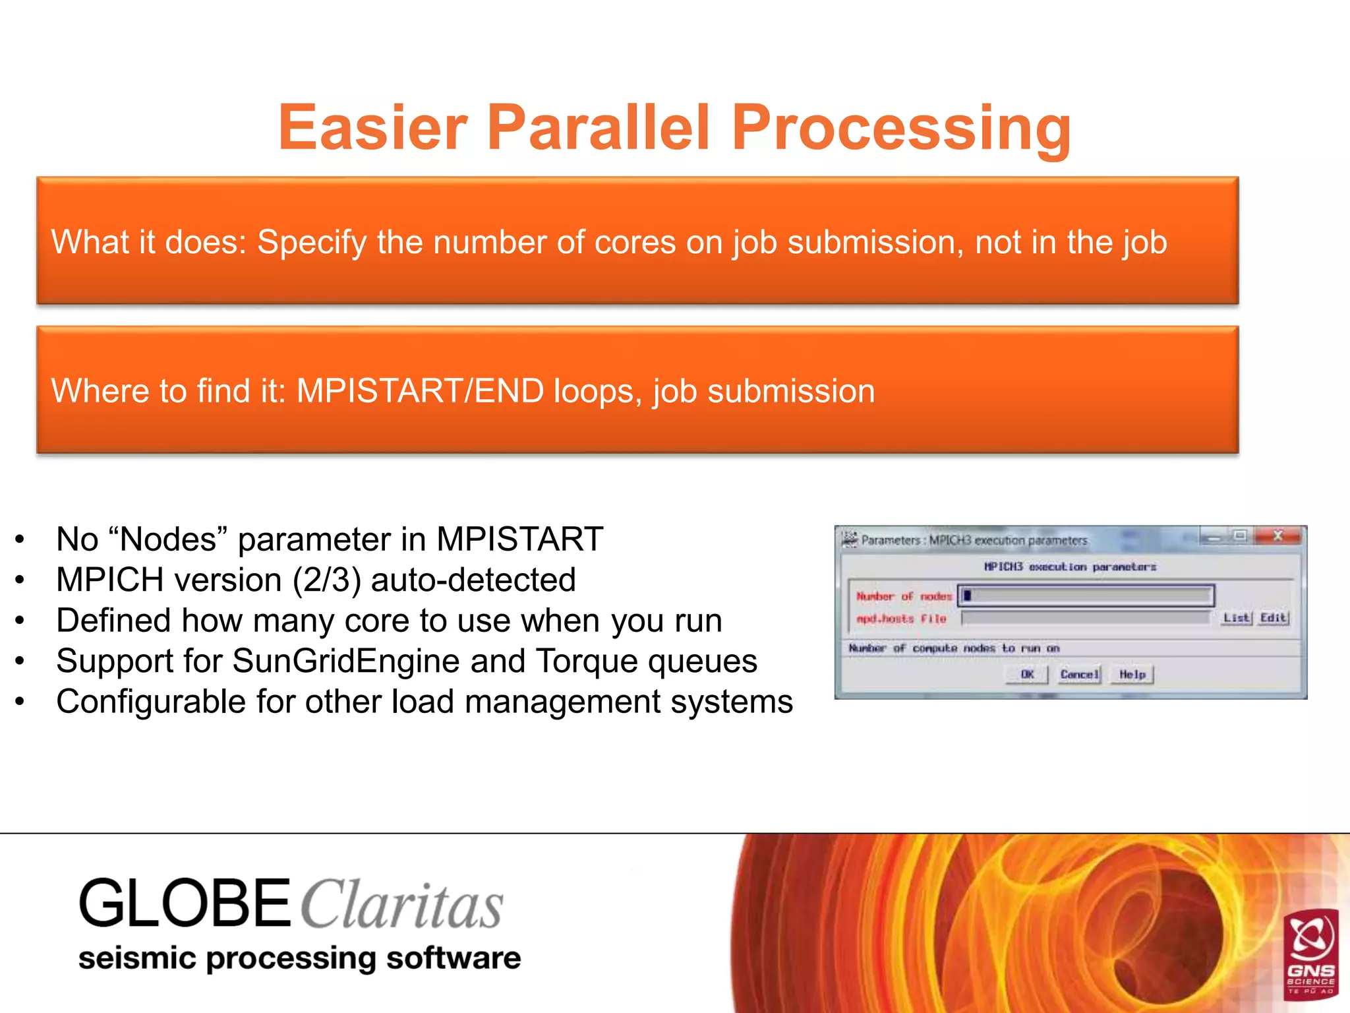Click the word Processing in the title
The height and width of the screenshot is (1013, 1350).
901,128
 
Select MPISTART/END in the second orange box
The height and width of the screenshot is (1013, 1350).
420,391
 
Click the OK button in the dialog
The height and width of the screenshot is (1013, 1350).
1027,674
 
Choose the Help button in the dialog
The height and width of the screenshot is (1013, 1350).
1132,674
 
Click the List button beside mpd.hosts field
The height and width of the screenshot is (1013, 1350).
1236,618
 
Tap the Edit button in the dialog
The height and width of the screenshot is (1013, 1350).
1273,618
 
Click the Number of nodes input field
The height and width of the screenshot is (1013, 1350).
1086,596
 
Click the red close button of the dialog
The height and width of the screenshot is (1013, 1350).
1279,536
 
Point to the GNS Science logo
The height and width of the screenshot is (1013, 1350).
1310,952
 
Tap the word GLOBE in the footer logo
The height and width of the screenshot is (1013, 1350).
185,904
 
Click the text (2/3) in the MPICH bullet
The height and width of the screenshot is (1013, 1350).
327,580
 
